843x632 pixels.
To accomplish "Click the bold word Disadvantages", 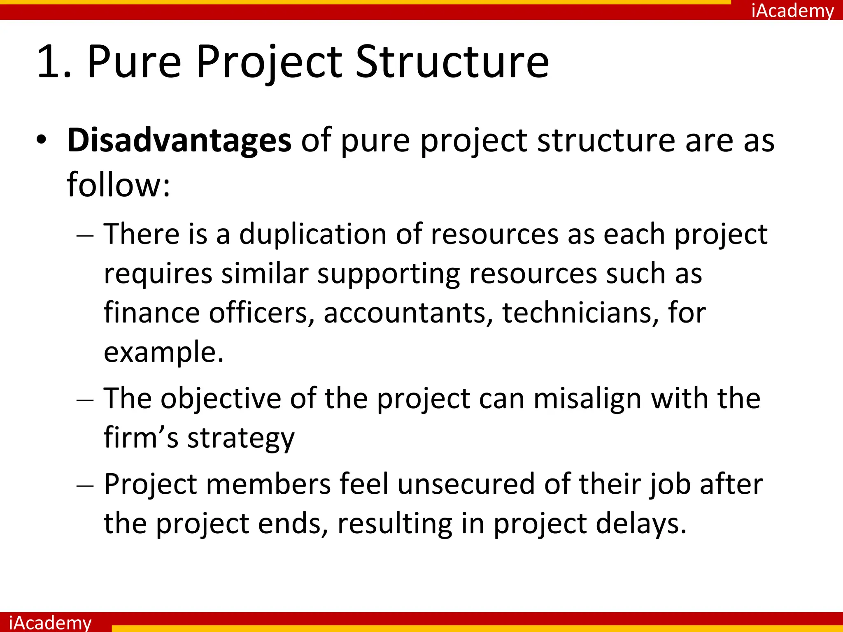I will point(179,141).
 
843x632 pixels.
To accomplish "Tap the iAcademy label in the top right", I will point(792,10).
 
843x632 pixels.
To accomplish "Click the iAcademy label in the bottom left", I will point(50,622).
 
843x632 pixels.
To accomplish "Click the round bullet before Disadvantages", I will point(41,141).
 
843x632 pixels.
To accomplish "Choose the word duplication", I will point(313,234).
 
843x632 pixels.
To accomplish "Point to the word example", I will point(163,353).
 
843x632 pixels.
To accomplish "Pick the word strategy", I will point(241,439).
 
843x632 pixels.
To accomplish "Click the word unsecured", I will point(466,484).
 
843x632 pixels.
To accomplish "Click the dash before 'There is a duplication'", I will point(85,236).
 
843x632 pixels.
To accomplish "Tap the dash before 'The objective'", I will point(85,400).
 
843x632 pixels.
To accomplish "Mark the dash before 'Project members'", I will point(85,486).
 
